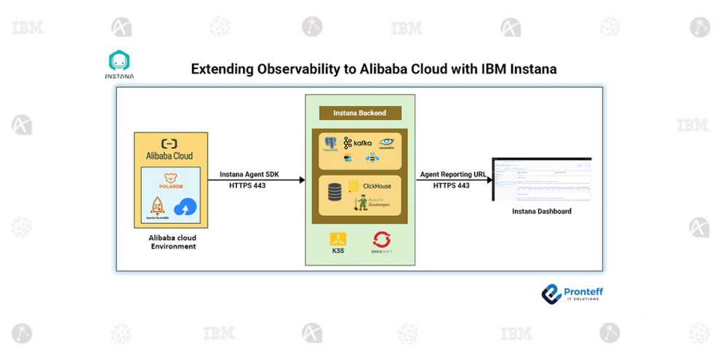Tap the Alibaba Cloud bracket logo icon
point(169,144)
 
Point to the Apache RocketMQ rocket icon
point(158,207)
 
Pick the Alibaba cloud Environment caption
point(172,242)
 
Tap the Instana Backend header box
point(359,113)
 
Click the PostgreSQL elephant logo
point(331,143)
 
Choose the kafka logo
point(358,143)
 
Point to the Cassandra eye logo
point(386,143)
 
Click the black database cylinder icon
point(335,192)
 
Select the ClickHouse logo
point(370,186)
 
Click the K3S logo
point(337,241)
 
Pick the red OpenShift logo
point(382,241)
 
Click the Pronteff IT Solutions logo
point(572,294)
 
